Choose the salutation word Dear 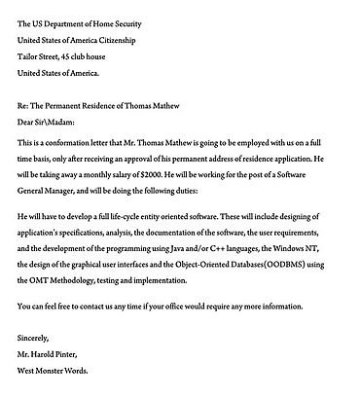click(27, 121)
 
